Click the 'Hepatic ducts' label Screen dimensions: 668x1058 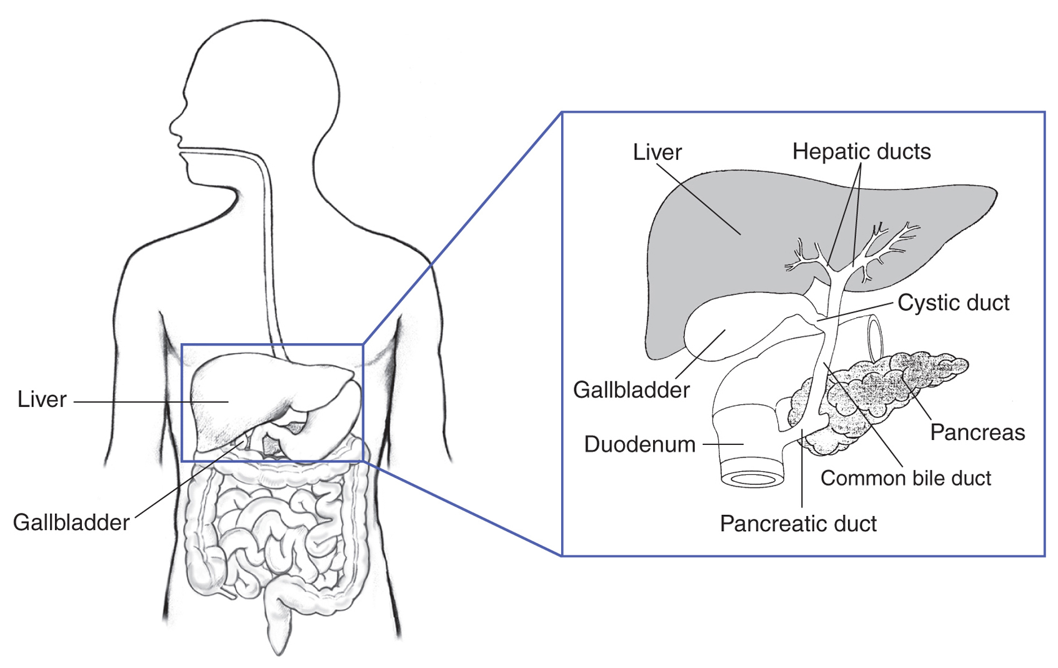coord(861,151)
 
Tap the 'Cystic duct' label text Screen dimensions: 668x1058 coord(953,302)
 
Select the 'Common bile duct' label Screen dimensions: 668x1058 coord(905,478)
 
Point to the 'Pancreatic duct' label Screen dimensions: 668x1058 coord(797,524)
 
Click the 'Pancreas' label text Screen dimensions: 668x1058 coord(977,432)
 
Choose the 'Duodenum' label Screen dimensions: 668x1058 coord(639,444)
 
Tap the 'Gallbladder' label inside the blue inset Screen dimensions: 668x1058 coord(631,390)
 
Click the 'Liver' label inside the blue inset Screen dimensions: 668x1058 coord(657,152)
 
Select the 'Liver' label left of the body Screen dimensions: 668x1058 coord(42,399)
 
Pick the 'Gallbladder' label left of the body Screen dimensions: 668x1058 coord(71,522)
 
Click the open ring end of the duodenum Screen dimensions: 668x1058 coord(752,479)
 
